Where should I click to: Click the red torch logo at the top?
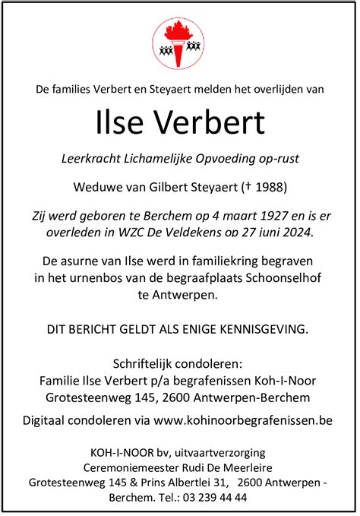pos(180,43)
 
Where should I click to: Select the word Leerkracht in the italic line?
pos(90,159)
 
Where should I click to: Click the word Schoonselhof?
pos(279,278)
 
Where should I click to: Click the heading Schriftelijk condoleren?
pos(180,362)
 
